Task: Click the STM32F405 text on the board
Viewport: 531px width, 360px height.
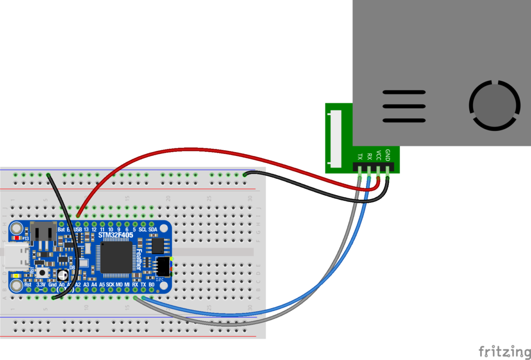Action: click(x=116, y=236)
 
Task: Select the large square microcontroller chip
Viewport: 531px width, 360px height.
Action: click(x=116, y=257)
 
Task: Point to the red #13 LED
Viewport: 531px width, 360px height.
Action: click(x=19, y=238)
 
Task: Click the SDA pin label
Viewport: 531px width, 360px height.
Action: click(x=153, y=229)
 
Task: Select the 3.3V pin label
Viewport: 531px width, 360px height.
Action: click(x=40, y=285)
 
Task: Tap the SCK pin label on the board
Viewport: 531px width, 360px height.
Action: click(x=110, y=285)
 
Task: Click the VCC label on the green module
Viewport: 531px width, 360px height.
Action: click(x=379, y=155)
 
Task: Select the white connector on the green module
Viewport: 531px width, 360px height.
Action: click(x=339, y=137)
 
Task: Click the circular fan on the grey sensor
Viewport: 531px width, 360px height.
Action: click(x=494, y=105)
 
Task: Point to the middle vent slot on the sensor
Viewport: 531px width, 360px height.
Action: click(x=404, y=106)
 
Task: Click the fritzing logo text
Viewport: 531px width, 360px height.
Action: click(x=500, y=351)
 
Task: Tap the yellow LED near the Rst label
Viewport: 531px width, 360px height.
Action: click(x=17, y=275)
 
